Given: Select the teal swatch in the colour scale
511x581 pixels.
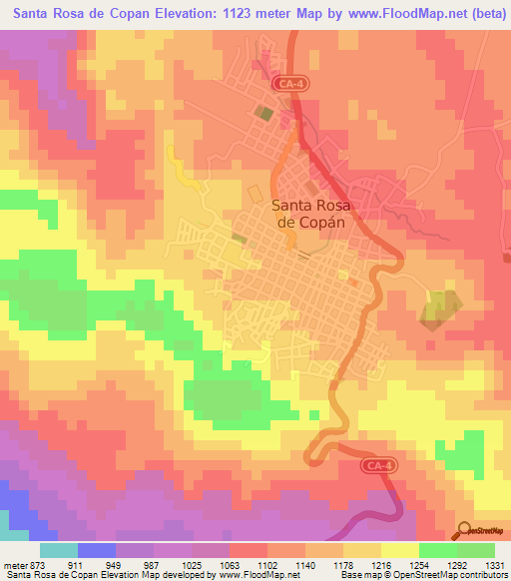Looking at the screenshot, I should coord(58,550).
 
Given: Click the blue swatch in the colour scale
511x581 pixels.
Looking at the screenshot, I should coord(96,550).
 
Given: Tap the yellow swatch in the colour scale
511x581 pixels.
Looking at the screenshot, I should coord(399,550).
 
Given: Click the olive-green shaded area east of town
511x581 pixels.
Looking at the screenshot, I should coord(440,309).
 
